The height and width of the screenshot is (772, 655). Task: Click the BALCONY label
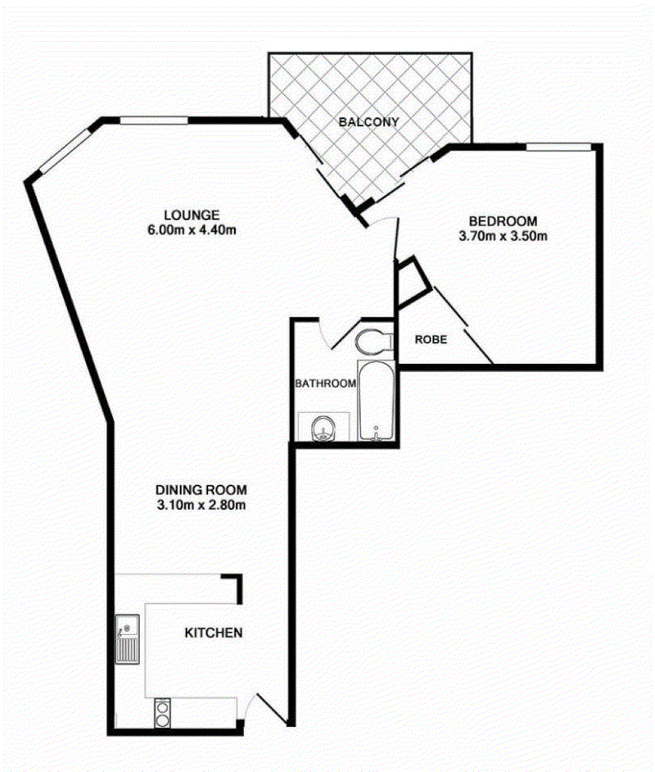pos(368,121)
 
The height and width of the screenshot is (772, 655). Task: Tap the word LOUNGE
pos(192,216)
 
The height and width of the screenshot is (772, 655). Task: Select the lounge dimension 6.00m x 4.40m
pos(192,230)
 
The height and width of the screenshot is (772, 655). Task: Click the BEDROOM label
pos(503,221)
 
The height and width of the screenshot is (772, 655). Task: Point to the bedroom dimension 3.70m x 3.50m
pos(503,236)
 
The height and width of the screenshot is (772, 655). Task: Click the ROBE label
pos(431,340)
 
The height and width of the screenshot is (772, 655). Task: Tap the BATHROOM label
pos(325,383)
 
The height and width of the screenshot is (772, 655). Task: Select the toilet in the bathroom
pos(374,341)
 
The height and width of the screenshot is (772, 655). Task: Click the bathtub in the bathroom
pos(376,400)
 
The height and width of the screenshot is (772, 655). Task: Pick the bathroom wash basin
pos(323,427)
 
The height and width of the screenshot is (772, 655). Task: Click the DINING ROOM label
pos(201,490)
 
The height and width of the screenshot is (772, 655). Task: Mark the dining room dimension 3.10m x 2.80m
pos(201,505)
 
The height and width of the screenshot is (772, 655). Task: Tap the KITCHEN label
pos(214,633)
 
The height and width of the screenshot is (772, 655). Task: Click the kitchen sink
pos(128,639)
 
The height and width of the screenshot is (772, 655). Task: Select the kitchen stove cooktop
pos(162,713)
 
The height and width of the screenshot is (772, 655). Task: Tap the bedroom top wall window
pos(558,146)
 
